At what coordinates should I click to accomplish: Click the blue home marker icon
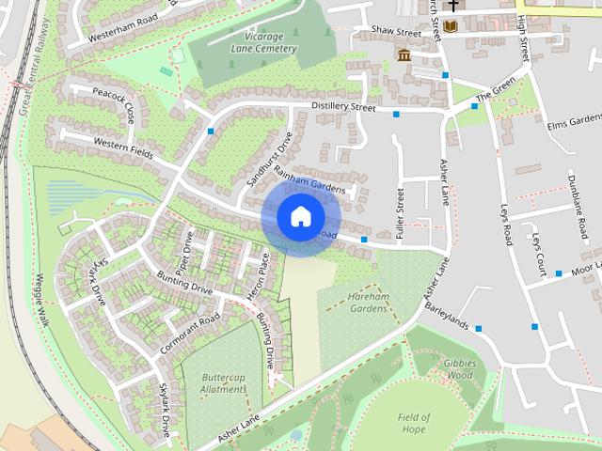click(x=300, y=217)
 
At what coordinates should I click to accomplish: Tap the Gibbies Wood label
click(x=460, y=368)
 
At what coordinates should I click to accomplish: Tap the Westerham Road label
click(x=119, y=25)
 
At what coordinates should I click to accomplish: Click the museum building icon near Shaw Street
click(x=404, y=55)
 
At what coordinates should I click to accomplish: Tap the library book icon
click(x=451, y=25)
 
